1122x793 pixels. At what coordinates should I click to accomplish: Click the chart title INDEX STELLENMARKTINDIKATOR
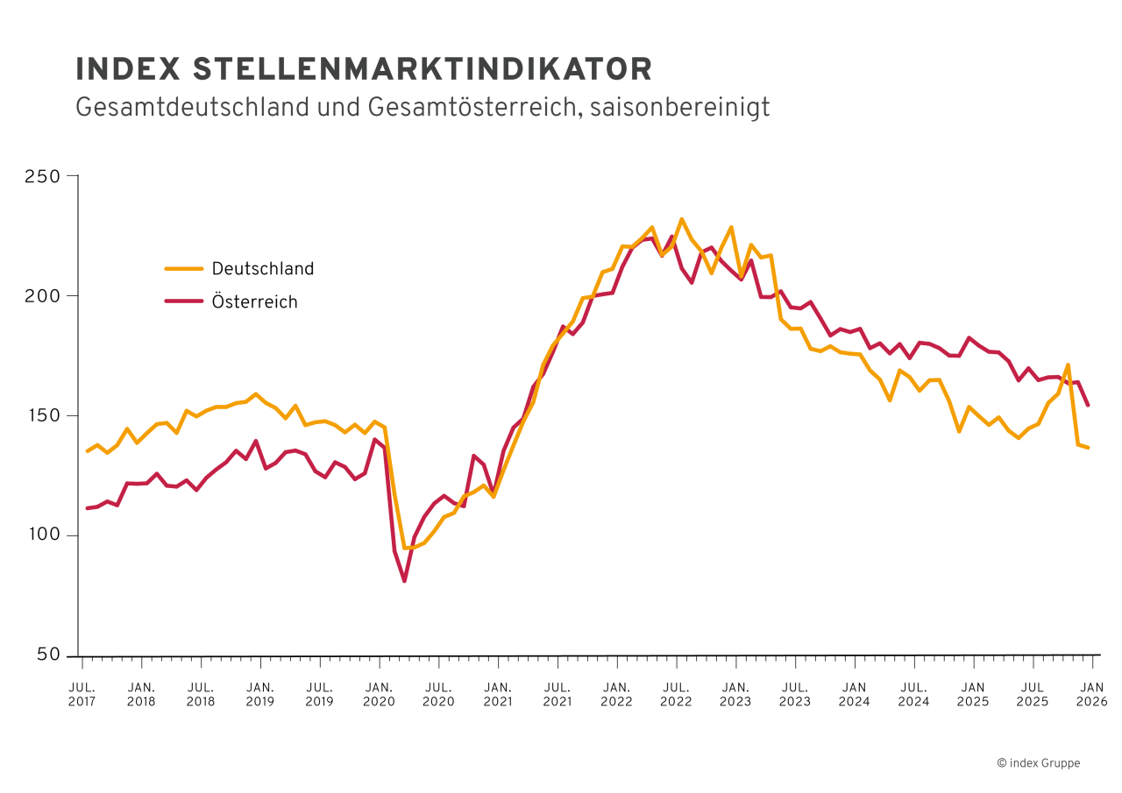[x=364, y=69]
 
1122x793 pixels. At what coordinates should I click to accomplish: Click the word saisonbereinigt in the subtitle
[x=679, y=107]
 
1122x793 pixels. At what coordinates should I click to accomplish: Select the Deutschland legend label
[x=262, y=269]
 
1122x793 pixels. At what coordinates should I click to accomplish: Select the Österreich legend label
[x=254, y=302]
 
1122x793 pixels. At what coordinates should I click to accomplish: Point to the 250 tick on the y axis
[x=45, y=176]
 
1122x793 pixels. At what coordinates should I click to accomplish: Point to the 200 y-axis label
[x=45, y=296]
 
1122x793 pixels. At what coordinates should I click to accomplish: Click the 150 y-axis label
[x=45, y=415]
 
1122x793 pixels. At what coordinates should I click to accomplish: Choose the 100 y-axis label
[x=45, y=535]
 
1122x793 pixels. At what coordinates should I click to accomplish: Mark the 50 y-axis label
[x=49, y=655]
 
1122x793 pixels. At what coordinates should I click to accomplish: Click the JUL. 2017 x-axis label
[x=82, y=695]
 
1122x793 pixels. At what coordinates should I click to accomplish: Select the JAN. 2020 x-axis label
[x=379, y=695]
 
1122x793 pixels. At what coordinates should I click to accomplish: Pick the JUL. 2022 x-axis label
[x=676, y=695]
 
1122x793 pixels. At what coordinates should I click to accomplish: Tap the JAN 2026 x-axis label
[x=1091, y=695]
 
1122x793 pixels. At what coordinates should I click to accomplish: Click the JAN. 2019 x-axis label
[x=259, y=695]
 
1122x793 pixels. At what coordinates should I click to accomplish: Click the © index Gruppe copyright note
[x=1038, y=763]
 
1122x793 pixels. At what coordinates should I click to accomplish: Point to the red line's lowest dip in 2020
[x=404, y=581]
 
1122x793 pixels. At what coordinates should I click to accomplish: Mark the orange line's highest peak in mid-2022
[x=681, y=219]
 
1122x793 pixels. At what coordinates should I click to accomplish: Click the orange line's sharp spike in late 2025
[x=1068, y=365]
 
